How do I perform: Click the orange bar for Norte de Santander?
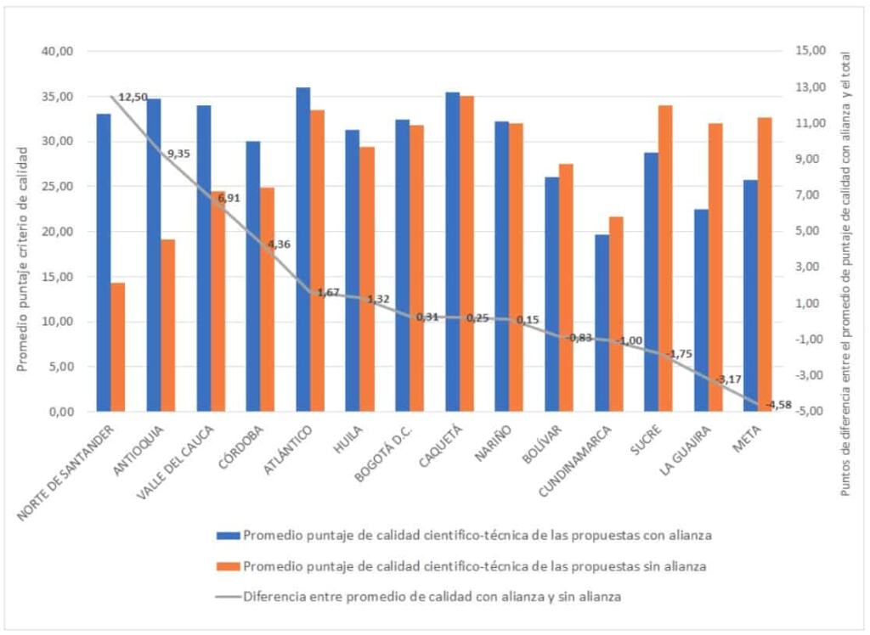[117, 347]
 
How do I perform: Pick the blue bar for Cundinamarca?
[602, 323]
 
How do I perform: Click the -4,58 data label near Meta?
[777, 404]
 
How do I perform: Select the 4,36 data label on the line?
[278, 244]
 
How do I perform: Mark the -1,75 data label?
[678, 354]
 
